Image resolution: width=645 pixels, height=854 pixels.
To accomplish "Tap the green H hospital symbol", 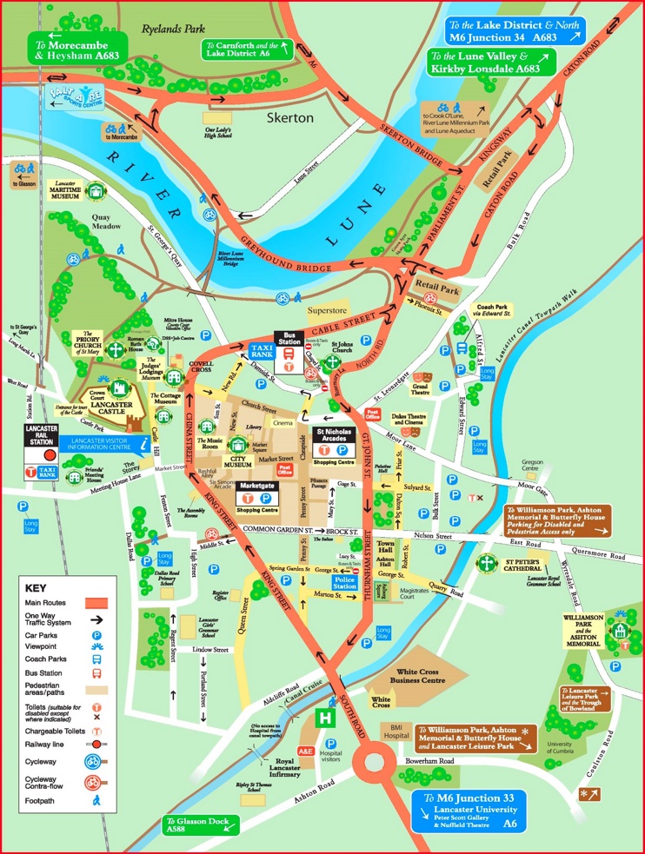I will click(x=326, y=718).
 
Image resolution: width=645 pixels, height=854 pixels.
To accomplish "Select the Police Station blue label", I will click(x=343, y=582).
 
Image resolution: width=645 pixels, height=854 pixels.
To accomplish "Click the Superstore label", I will click(x=327, y=310).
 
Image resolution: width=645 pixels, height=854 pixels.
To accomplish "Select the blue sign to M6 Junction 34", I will click(x=513, y=32).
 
